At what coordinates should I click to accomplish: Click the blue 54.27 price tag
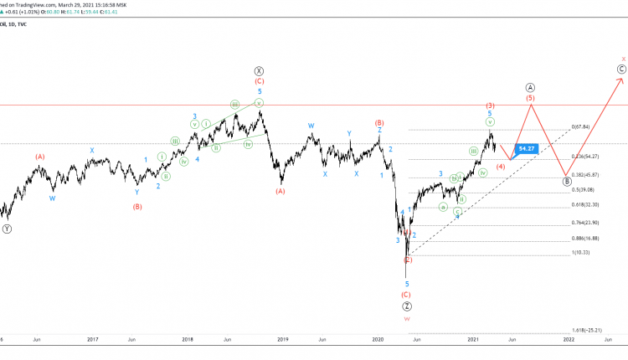point(527,148)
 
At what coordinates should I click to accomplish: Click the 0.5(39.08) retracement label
point(584,189)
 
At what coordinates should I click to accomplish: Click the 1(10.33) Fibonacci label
point(581,252)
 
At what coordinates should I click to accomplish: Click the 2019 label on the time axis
point(283,339)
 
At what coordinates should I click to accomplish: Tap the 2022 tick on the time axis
point(568,339)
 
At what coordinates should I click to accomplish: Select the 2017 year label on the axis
point(93,339)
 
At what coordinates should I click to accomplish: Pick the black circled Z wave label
point(407,306)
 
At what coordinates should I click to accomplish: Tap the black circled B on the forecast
point(568,181)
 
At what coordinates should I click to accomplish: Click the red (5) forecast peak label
point(531,98)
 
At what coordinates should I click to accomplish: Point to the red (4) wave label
point(501,167)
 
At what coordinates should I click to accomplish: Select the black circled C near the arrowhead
point(621,69)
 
